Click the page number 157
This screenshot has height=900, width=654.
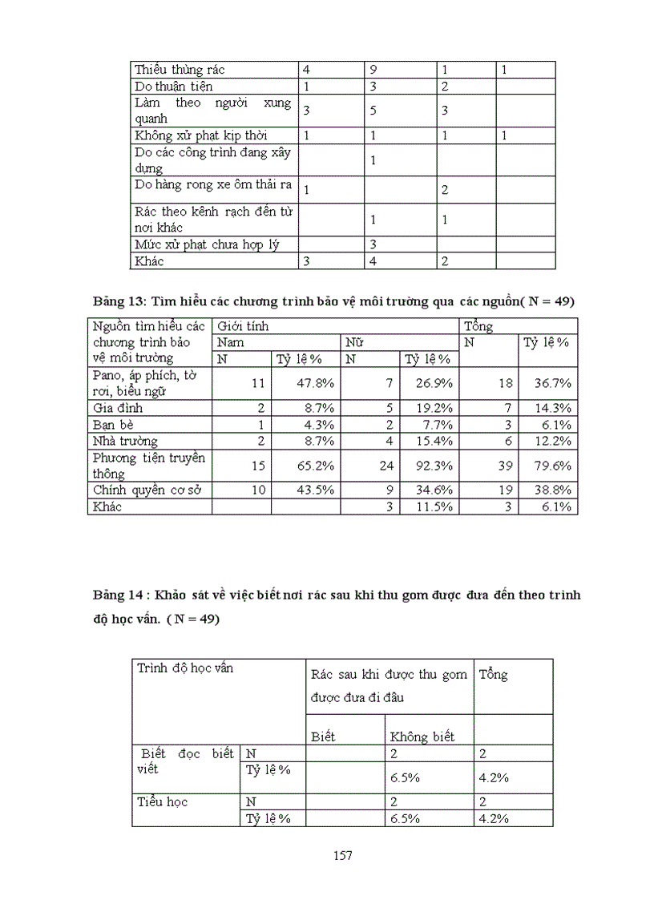tap(342, 855)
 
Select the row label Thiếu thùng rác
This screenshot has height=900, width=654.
tap(180, 70)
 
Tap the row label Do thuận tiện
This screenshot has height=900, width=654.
tap(173, 86)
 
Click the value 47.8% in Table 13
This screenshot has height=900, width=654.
tap(316, 383)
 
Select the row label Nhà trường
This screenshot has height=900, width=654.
tap(125, 441)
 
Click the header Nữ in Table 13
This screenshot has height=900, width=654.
tap(353, 342)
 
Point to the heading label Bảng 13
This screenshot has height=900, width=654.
tap(117, 301)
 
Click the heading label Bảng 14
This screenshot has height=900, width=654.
tap(117, 595)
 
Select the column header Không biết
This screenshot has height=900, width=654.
tap(422, 737)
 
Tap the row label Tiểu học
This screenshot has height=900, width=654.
tap(163, 801)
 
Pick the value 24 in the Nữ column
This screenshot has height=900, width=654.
tap(386, 465)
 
